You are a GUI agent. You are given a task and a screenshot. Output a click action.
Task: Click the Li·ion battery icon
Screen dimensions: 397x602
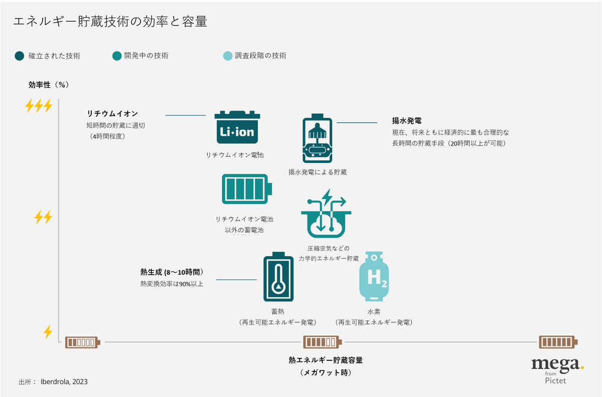tap(237, 129)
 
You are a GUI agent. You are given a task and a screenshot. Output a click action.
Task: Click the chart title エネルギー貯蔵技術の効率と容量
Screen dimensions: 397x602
tap(110, 22)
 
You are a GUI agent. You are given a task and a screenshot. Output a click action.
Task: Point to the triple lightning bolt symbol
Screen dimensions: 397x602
tap(39, 106)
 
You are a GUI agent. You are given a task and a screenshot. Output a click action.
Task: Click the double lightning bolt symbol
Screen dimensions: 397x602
tap(43, 217)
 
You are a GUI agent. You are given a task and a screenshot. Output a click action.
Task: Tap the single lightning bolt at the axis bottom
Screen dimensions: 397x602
tap(48, 331)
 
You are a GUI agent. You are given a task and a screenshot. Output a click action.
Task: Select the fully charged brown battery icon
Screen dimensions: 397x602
tap(558, 342)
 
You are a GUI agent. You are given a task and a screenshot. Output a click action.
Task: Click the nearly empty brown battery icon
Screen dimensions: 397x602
tap(83, 342)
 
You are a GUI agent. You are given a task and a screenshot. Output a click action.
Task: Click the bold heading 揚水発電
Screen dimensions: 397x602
tap(406, 121)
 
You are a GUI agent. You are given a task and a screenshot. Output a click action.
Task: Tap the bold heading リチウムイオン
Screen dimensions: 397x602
tap(112, 114)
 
